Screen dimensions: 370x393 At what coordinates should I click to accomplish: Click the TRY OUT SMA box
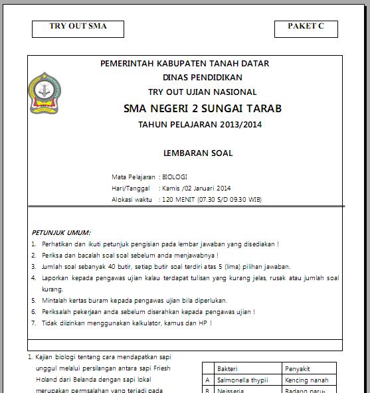point(78,28)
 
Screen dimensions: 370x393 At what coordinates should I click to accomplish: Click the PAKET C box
point(306,28)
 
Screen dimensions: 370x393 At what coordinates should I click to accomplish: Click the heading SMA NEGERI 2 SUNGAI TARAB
point(203,108)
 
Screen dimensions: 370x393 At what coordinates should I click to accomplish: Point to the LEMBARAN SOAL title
point(198,153)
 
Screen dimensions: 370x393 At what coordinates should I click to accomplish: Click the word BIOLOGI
point(175,177)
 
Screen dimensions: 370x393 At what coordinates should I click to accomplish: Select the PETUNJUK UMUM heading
point(61,233)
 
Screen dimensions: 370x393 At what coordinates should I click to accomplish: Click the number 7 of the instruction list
point(34,323)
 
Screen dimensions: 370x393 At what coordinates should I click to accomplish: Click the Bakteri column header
point(227,369)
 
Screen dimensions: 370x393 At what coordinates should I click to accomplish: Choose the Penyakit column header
point(297,369)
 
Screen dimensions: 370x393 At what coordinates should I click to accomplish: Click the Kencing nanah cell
point(306,380)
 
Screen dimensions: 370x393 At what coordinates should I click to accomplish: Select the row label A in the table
point(208,380)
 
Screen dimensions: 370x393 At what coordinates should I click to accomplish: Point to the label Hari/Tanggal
point(131,188)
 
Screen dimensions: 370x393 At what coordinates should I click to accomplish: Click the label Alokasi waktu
point(132,198)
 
